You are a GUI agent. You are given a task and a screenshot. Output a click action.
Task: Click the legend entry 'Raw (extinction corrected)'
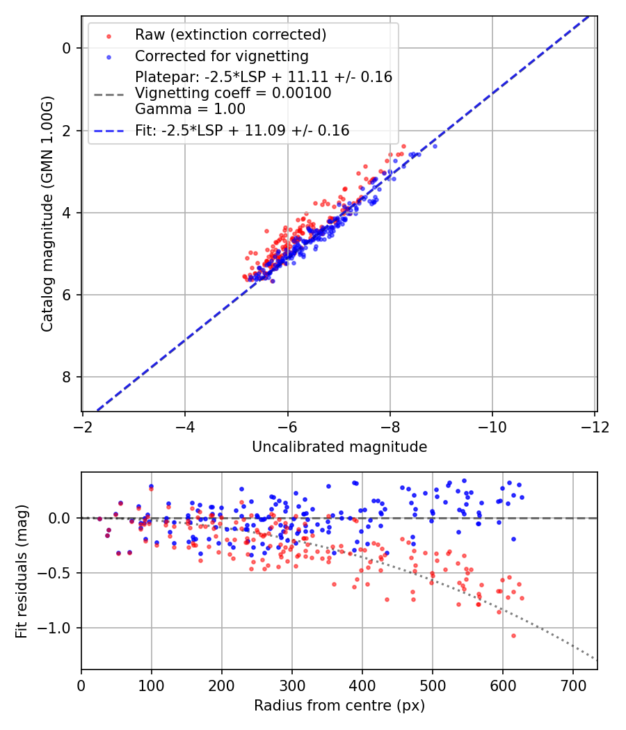230,35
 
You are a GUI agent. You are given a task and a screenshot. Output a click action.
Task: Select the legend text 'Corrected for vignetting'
221,56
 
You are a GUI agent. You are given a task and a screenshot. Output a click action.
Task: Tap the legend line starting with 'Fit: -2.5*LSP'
242,130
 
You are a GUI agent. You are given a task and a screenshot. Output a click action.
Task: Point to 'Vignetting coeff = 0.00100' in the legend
233,93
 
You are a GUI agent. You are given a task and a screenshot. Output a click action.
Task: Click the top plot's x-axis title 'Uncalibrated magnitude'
339,447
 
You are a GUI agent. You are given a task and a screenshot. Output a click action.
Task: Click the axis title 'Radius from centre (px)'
339,706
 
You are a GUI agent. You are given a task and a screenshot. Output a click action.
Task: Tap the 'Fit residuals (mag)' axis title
22,571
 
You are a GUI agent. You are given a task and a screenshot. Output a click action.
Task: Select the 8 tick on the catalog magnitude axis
67,377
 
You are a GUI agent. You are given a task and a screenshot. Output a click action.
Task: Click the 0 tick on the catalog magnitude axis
67,48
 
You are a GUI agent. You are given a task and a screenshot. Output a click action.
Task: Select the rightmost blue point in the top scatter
435,146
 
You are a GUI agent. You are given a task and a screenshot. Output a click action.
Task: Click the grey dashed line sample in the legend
108,93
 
